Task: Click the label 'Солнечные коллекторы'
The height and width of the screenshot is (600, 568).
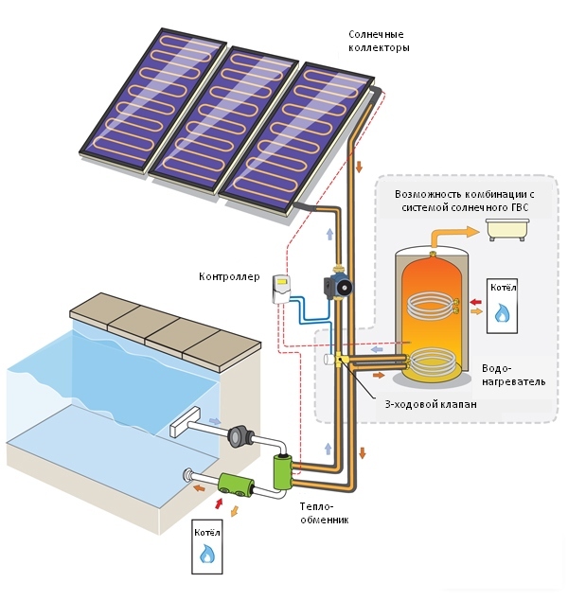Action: point(379,40)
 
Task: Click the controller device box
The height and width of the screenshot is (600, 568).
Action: point(280,286)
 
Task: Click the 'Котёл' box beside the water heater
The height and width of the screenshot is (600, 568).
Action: point(502,306)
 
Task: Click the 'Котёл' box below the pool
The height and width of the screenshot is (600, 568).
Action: point(207,543)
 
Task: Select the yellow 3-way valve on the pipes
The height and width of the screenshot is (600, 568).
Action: point(341,362)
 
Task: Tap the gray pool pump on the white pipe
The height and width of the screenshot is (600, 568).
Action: point(240,436)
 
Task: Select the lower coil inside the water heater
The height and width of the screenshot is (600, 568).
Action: point(432,363)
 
